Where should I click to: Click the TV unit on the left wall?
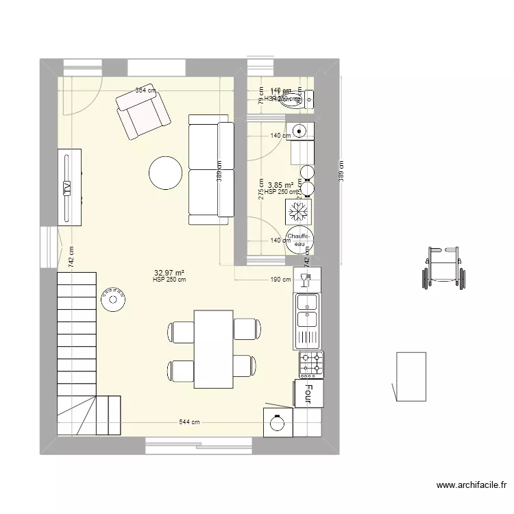tap(69, 186)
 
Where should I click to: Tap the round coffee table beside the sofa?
tap(166, 173)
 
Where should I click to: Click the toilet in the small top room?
tap(299, 100)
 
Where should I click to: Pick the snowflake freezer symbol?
tap(299, 211)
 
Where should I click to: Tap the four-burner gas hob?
tap(310, 364)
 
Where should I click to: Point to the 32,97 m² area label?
tap(169, 273)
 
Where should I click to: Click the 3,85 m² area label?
tap(280, 185)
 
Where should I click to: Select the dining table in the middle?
tap(214, 349)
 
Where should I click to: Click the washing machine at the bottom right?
tap(278, 422)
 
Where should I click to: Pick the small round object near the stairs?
tap(113, 299)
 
